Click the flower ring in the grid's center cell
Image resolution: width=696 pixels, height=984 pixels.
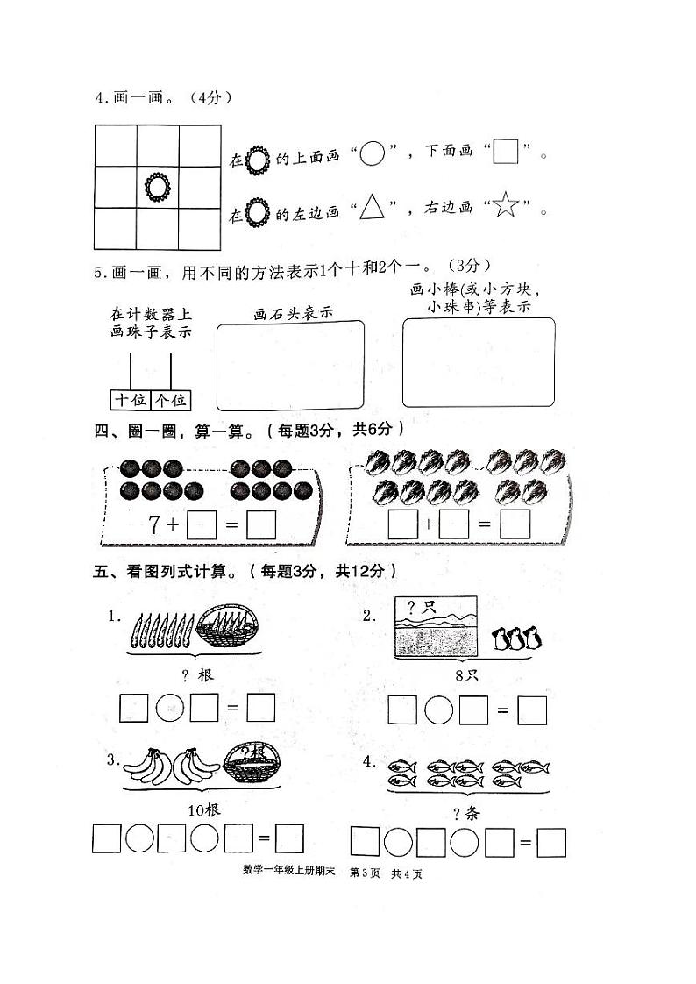point(157,186)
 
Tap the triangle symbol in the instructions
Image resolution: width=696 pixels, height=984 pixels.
point(373,208)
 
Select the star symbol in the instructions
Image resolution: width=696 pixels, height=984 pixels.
point(507,208)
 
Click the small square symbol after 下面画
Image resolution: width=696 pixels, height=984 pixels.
point(505,154)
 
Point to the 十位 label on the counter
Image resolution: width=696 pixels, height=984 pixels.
point(131,400)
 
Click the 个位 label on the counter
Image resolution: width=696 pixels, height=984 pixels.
point(170,400)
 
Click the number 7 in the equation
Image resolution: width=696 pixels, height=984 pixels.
point(154,525)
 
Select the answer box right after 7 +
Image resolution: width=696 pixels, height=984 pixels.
point(202,525)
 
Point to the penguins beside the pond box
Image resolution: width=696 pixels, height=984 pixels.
point(515,638)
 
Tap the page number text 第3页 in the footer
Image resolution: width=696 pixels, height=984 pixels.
point(363,873)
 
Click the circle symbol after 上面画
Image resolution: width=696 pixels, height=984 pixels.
point(373,154)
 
